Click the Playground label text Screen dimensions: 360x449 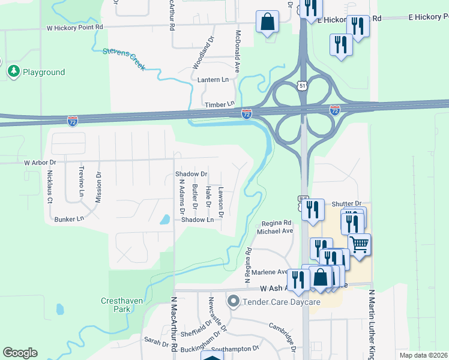[x=44, y=73]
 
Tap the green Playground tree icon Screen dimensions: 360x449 [x=13, y=72]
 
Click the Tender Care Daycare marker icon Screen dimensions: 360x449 [x=233, y=301]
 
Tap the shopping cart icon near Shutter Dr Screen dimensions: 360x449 [x=359, y=244]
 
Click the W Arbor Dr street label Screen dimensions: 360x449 [x=40, y=163]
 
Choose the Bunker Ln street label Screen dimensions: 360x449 [x=69, y=219]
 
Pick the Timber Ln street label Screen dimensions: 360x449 [x=219, y=104]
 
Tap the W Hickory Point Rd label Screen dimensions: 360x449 [x=75, y=28]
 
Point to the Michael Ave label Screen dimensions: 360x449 [x=275, y=231]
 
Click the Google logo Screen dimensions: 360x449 [x=20, y=353]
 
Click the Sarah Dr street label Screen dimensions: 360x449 [x=156, y=343]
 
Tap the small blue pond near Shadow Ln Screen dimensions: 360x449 [x=164, y=220]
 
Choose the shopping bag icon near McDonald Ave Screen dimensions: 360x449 [x=267, y=22]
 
